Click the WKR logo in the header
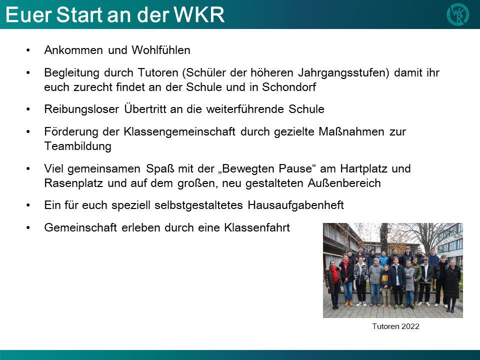click(x=457, y=14)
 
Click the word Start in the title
click(x=79, y=14)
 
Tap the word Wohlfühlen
click(x=161, y=50)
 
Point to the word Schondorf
click(x=289, y=87)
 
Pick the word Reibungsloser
click(x=81, y=109)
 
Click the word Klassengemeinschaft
click(x=179, y=132)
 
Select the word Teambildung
click(x=78, y=146)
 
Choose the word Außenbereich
click(x=344, y=183)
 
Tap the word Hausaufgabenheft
click(x=295, y=205)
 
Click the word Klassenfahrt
click(x=257, y=228)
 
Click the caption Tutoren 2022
click(x=395, y=326)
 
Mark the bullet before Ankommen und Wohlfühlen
click(x=28, y=50)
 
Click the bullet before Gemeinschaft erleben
click(x=28, y=228)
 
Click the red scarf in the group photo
click(x=335, y=274)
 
